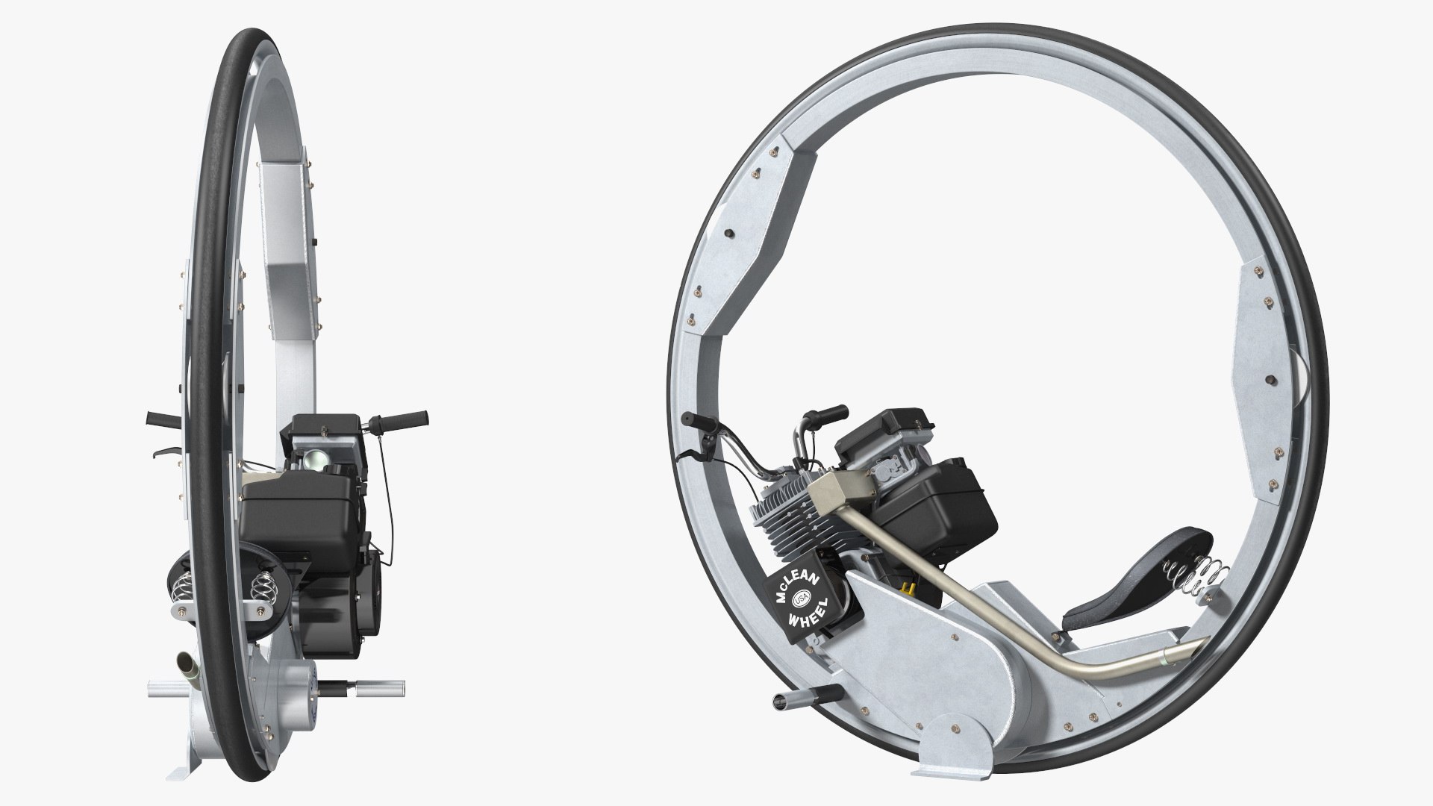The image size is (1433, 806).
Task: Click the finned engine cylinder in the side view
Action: point(784,522)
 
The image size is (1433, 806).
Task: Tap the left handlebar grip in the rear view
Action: point(157,416)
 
